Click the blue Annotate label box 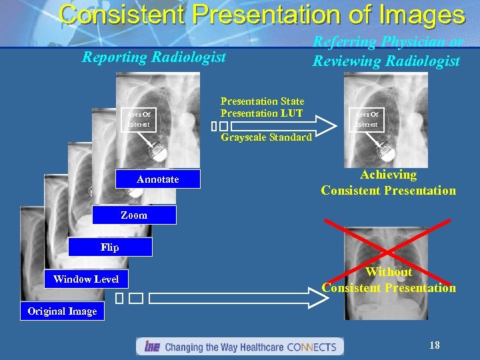point(157,179)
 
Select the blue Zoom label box point(134,215)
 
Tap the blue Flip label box point(110,247)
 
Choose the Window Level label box point(86,279)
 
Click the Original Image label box point(62,311)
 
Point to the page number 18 point(434,345)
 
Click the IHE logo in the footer point(151,347)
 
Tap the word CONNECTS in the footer point(313,347)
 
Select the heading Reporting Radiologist point(154,57)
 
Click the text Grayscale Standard point(266,137)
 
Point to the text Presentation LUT point(262,113)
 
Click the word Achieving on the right point(388,175)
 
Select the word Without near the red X point(389,272)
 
